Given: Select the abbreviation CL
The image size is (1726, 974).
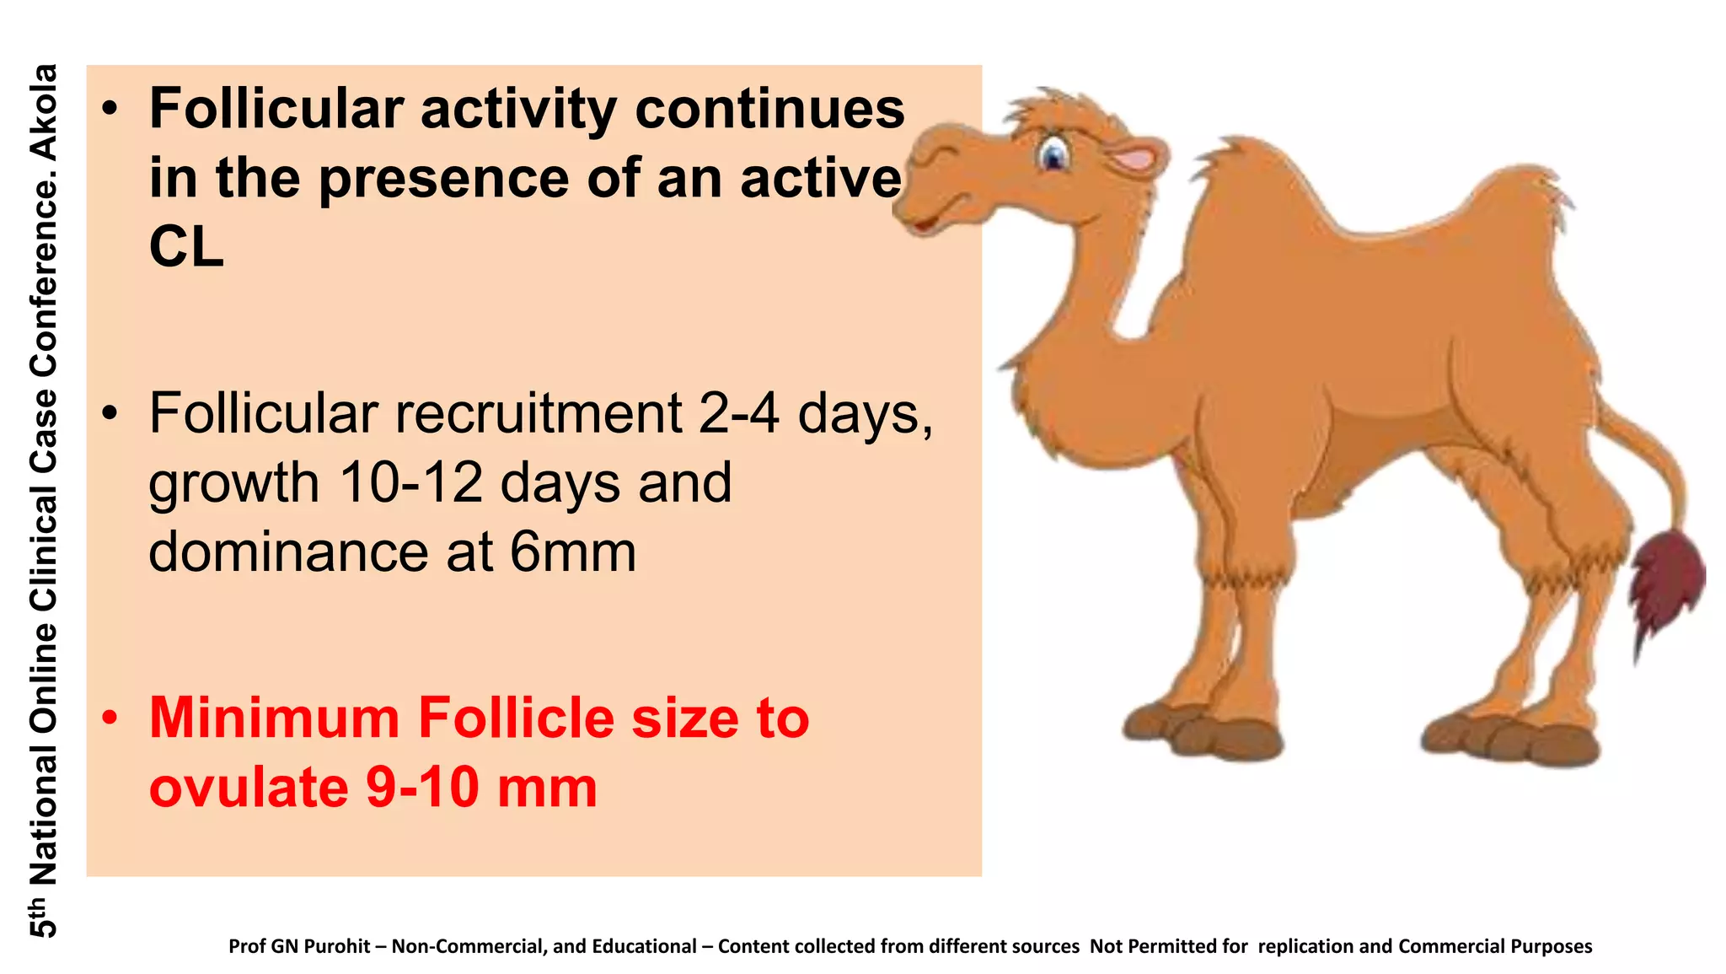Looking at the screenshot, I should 186,247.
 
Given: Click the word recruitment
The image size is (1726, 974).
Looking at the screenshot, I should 539,413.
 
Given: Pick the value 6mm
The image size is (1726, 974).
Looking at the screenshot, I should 573,552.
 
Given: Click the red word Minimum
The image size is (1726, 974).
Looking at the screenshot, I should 275,718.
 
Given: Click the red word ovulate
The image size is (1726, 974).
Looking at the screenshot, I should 250,787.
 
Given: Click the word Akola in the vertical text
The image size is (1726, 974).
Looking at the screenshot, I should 44,112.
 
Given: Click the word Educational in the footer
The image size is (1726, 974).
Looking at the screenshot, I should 644,946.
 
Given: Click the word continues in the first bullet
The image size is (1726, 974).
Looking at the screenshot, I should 769,109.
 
